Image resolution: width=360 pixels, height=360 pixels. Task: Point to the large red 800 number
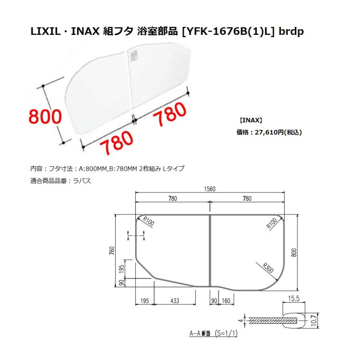(x=45, y=116)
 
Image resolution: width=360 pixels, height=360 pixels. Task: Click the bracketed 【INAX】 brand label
(x=250, y=120)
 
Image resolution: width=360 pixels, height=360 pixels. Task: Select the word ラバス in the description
(x=82, y=181)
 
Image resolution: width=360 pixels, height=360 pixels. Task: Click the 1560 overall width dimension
(x=210, y=189)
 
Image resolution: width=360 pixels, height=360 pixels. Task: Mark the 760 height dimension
(x=112, y=250)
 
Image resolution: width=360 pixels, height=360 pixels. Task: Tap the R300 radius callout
(x=268, y=268)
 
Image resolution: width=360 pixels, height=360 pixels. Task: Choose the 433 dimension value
(x=174, y=301)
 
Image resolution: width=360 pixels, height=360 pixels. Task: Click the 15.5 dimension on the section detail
(x=293, y=298)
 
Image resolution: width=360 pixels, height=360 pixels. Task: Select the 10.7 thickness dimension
(x=314, y=320)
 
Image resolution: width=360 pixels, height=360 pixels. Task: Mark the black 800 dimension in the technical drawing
(x=295, y=252)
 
